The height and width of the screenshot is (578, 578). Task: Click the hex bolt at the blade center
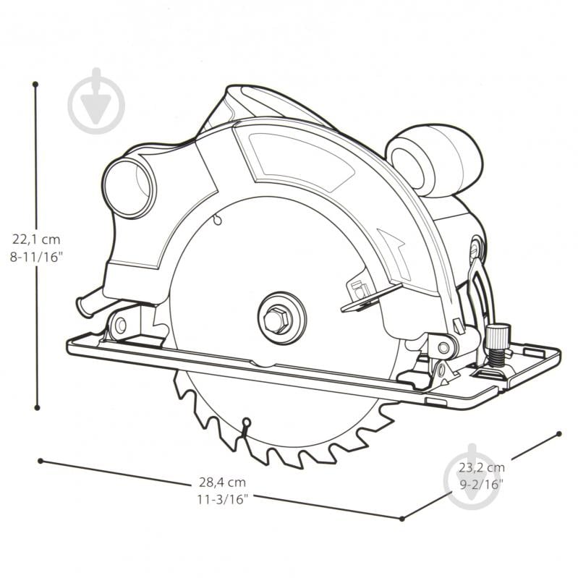(x=278, y=320)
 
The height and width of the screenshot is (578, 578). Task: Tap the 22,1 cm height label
(x=36, y=239)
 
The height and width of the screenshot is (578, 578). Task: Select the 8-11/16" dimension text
(x=36, y=257)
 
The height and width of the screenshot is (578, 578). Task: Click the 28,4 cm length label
(x=222, y=483)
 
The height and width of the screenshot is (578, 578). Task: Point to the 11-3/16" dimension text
(x=222, y=499)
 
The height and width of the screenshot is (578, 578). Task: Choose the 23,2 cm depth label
(x=481, y=468)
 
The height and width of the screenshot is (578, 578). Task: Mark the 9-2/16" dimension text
(x=481, y=485)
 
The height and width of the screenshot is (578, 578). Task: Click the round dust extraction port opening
(x=129, y=188)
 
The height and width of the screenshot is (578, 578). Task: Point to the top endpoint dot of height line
(x=35, y=85)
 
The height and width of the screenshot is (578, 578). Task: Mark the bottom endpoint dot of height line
(x=37, y=408)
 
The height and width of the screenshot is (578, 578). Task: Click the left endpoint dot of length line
(x=41, y=461)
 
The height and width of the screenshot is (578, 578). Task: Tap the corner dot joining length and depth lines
(x=402, y=519)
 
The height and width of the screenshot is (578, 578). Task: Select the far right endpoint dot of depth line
(x=559, y=434)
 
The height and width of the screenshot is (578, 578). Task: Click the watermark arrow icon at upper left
(x=96, y=101)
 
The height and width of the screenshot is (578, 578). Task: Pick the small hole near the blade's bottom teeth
(x=246, y=422)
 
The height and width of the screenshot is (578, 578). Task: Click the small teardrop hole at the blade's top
(x=218, y=220)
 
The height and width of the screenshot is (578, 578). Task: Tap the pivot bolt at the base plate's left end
(x=121, y=325)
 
